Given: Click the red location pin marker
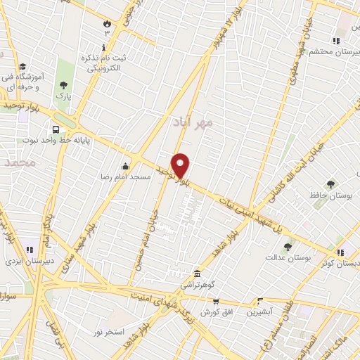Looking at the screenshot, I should (x=181, y=166).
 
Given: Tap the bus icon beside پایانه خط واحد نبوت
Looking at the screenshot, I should (x=56, y=129).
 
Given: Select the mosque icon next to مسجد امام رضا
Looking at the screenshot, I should (x=126, y=166).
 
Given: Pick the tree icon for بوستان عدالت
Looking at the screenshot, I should (x=288, y=247).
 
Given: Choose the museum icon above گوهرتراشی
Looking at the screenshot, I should (x=197, y=274).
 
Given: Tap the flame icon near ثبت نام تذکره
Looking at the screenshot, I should (x=107, y=24).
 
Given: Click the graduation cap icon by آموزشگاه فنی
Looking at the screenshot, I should (x=22, y=64).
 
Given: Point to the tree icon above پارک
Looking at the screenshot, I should (x=63, y=84).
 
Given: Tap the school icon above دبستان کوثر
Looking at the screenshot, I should (x=340, y=252).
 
